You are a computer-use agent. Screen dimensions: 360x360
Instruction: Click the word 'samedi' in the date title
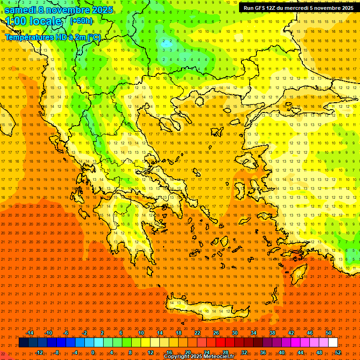21,9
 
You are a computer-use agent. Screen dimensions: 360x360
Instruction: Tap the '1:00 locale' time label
34,21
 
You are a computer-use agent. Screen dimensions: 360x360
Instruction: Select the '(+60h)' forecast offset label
81,21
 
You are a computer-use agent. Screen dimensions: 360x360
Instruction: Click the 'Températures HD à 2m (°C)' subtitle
52,37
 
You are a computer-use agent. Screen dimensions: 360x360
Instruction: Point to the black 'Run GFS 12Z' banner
298,8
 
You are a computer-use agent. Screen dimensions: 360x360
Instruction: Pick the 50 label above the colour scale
329,333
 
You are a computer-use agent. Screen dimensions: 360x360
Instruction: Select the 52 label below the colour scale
338,352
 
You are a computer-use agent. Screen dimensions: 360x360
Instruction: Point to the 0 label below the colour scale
93,352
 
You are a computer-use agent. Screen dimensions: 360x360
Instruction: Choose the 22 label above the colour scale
197,333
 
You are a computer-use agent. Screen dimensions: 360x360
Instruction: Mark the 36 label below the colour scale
263,352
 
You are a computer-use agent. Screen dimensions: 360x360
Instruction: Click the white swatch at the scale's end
333,343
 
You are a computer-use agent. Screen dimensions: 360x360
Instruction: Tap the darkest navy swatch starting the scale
24,343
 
